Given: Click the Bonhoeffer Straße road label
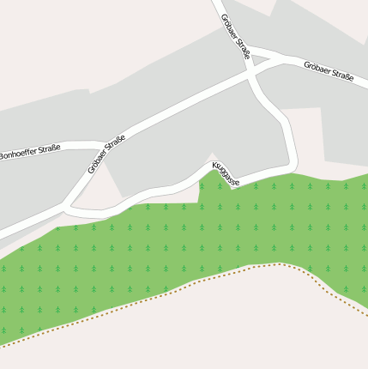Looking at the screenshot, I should tap(30, 153).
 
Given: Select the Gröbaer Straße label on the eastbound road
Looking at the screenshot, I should tap(329, 70).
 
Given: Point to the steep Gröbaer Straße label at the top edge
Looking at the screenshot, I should tap(236, 35).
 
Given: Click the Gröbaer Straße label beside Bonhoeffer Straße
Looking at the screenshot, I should tap(106, 154).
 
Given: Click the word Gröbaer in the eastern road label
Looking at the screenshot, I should tap(317, 67).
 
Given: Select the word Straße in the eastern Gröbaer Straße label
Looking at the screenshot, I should tap(342, 75).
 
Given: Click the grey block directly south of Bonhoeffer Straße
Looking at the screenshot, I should tap(34, 189).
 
